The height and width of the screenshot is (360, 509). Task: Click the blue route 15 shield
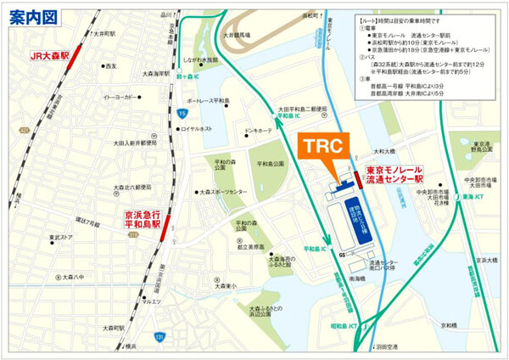pyautogui.click(x=183, y=111)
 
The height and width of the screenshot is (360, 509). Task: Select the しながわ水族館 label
pyautogui.click(x=201, y=60)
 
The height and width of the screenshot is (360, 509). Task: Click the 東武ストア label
pyautogui.click(x=62, y=237)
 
